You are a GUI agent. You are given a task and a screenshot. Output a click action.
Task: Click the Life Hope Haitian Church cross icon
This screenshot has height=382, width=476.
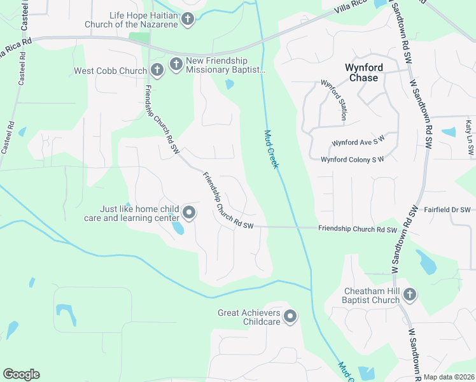coord(187,19)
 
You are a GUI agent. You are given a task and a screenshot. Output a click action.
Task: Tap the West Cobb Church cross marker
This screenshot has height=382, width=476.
coord(157,70)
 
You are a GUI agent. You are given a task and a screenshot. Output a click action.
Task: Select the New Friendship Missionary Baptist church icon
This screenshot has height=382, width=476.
coord(176,64)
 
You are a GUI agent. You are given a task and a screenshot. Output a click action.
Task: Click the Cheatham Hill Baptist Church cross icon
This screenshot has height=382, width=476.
coord(410,294)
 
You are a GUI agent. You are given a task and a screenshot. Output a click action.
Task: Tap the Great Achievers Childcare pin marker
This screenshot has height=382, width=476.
coord(290,316)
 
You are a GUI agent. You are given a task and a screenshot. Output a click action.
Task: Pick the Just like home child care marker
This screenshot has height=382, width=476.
coord(188,213)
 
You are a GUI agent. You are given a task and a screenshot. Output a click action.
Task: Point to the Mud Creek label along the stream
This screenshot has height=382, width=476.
coord(272,149)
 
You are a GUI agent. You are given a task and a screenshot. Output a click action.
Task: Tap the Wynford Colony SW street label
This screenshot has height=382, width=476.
coord(353,160)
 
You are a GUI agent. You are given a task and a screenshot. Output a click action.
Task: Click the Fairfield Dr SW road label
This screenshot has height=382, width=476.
coord(447,209)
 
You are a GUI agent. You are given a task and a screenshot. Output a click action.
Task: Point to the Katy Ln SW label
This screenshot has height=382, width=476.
coord(469,138)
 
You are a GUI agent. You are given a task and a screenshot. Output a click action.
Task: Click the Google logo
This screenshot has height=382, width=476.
coord(21,374)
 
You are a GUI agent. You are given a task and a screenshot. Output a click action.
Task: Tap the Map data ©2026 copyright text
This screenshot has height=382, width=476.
coord(449,377)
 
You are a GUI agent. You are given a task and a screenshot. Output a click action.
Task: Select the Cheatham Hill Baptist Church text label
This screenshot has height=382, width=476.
coord(372,295)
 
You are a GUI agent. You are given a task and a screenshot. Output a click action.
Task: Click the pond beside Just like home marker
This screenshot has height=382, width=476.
coord(178,227)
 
